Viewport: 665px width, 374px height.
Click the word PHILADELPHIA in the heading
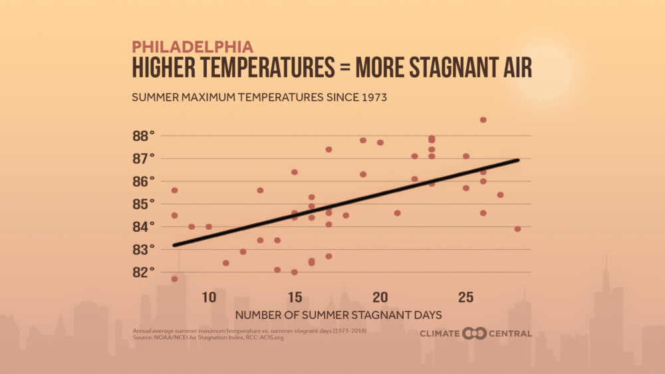pos(192,47)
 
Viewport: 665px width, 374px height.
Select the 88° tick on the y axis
pos(143,136)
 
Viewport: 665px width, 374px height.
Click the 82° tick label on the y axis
pos(143,272)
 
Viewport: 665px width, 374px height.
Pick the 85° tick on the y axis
pos(143,204)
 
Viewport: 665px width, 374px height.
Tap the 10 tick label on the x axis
pos(208,295)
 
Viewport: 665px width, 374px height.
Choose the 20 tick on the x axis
pos(380,295)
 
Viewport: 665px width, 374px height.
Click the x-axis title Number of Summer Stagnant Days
pos(338,313)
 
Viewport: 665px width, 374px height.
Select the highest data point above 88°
pos(483,120)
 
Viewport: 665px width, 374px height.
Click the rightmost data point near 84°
pos(517,229)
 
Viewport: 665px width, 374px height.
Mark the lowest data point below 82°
pos(174,279)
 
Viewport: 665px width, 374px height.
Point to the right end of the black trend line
pos(517,160)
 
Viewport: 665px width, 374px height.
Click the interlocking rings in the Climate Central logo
pos(475,333)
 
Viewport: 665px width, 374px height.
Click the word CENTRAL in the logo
pos(510,333)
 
